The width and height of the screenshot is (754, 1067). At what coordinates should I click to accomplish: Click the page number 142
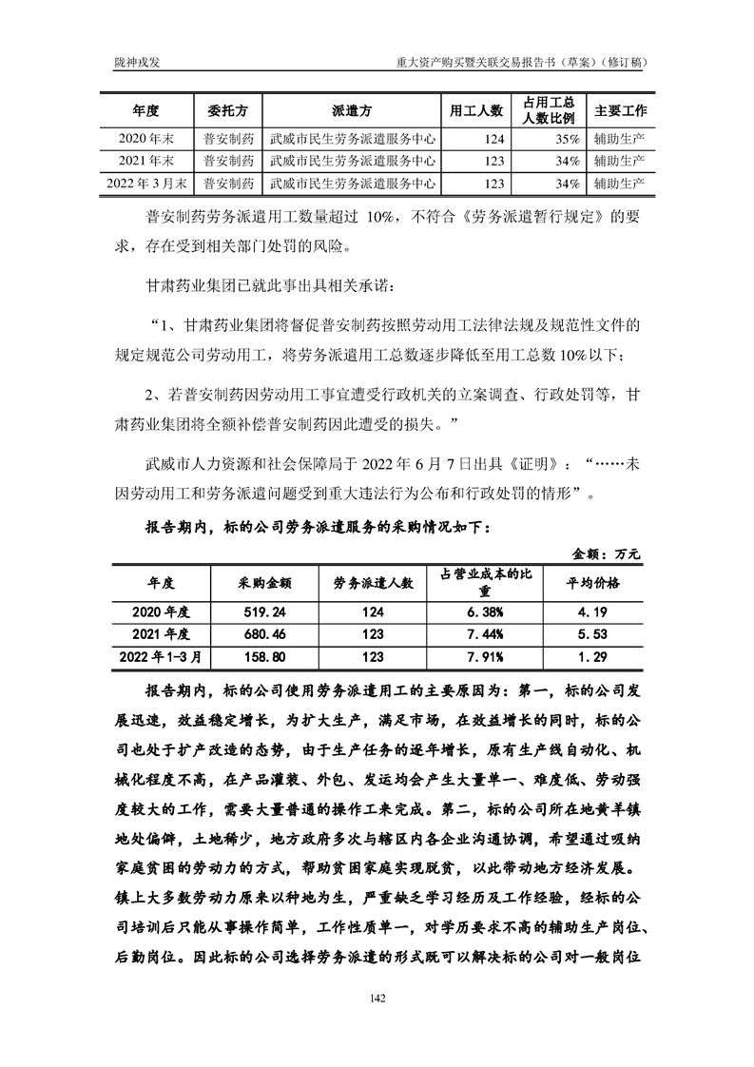click(377, 998)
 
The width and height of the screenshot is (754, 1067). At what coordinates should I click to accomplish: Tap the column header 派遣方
click(353, 111)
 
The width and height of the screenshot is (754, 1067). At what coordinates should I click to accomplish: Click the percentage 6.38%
click(485, 610)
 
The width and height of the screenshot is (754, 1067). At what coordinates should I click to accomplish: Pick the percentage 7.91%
click(485, 656)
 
